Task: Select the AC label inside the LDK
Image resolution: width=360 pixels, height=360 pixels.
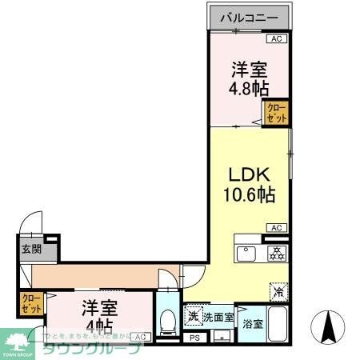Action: pyautogui.click(x=277, y=228)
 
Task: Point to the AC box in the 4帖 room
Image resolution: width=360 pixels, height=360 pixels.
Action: pyautogui.click(x=139, y=337)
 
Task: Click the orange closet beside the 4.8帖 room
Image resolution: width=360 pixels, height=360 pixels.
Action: pyautogui.click(x=277, y=114)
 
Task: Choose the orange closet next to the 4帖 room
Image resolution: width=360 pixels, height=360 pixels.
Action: pyautogui.click(x=31, y=303)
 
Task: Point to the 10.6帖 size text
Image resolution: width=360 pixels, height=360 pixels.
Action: pyautogui.click(x=249, y=195)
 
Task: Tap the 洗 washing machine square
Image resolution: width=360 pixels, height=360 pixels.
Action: pyautogui.click(x=192, y=317)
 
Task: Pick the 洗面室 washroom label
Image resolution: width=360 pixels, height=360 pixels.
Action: pyautogui.click(x=218, y=318)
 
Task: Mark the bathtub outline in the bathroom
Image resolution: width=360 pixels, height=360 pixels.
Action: pyautogui.click(x=277, y=325)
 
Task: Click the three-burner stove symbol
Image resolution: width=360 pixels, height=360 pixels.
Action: pyautogui.click(x=276, y=254)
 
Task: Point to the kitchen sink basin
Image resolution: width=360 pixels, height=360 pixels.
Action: pyautogui.click(x=246, y=255)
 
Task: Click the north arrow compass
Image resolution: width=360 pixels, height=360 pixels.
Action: pyautogui.click(x=328, y=327)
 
